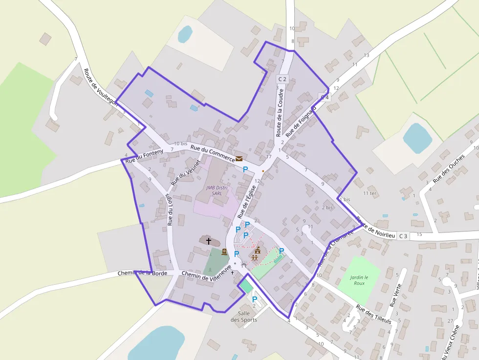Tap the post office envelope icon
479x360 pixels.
(239, 158)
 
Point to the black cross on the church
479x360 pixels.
(209, 240)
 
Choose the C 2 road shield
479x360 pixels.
(282, 79)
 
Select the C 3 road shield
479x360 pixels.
(403, 236)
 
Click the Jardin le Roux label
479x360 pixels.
(359, 280)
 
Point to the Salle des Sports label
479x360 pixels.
(244, 317)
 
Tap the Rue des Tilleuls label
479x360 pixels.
(374, 315)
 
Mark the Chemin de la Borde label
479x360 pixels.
(142, 273)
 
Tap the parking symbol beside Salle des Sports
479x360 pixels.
(254, 299)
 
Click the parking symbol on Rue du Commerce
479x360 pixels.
(245, 169)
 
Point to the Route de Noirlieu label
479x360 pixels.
(375, 228)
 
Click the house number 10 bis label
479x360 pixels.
(180, 144)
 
